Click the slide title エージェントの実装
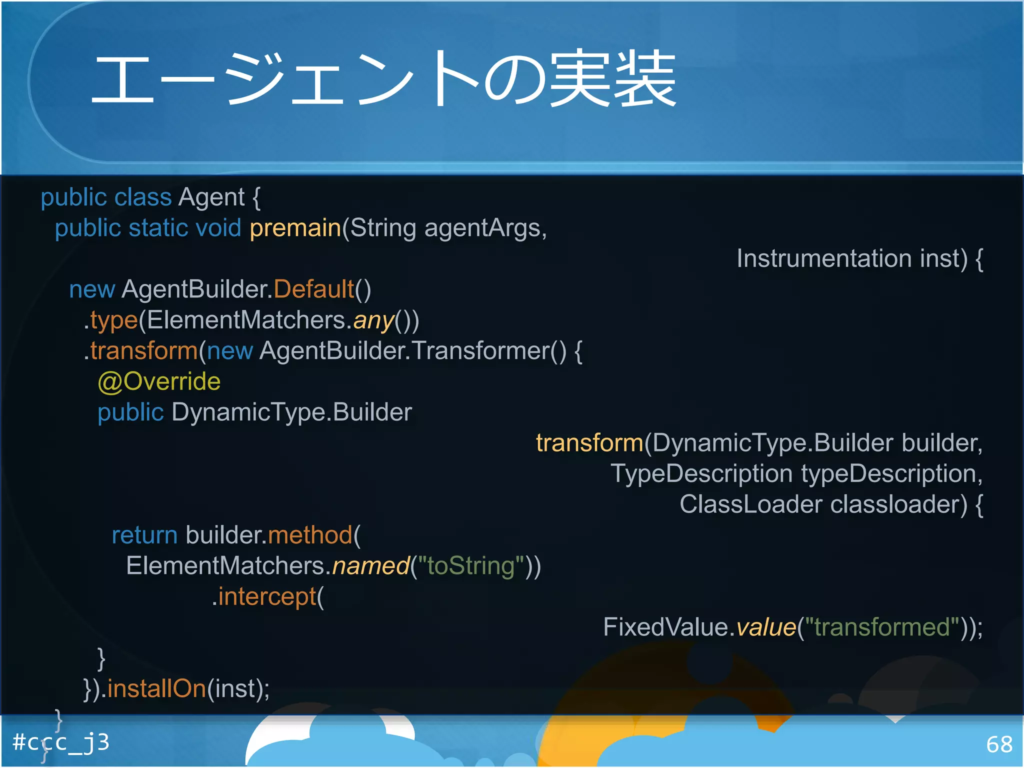[383, 79]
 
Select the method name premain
[295, 228]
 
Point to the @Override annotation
[159, 382]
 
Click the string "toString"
[471, 566]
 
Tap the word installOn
[156, 689]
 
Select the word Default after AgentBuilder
[313, 289]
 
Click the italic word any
[373, 321]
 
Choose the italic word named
[370, 566]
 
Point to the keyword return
[144, 535]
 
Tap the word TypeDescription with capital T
[701, 474]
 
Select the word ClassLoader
[750, 504]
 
